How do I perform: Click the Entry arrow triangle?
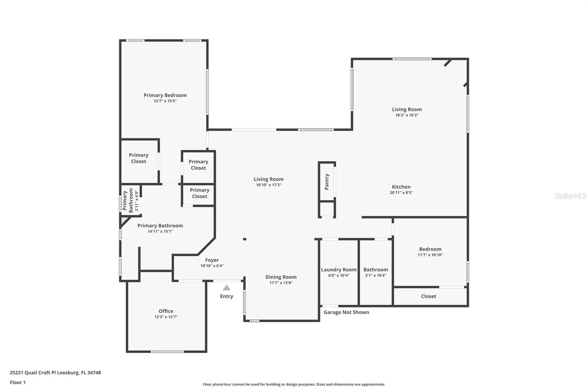coord(226,288)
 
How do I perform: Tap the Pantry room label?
coord(327,182)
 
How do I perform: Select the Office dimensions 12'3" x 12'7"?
coord(166,317)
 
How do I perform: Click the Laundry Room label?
coord(338,270)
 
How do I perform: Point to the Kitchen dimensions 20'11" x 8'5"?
coord(401,193)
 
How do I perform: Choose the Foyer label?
coord(212,260)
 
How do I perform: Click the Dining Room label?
coord(281,277)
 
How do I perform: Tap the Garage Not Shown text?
coord(346,312)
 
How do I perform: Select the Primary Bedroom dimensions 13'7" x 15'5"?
coord(165,101)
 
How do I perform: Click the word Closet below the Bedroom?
coord(429,296)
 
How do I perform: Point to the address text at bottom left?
coord(55,373)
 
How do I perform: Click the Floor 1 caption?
coord(18,382)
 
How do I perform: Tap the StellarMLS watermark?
coord(571,196)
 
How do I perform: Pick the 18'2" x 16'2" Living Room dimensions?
coord(407,115)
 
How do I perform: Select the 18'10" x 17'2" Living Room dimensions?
coord(269,185)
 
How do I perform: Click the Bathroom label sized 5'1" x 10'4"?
coord(376,270)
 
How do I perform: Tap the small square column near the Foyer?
coord(245,239)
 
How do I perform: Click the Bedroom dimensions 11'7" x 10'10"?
coord(430,255)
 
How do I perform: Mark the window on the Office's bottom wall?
coord(167,352)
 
